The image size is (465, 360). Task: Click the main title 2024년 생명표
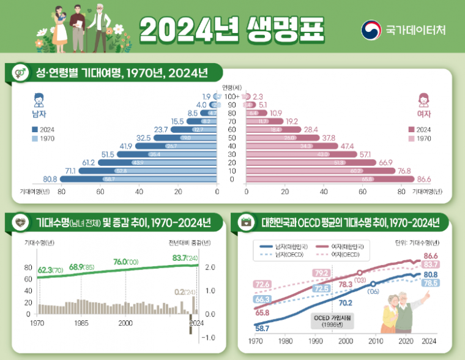[x=232, y=28]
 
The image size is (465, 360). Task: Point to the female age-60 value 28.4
[x=311, y=129]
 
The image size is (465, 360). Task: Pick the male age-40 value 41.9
[x=126, y=146]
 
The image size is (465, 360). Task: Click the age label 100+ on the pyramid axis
[x=232, y=96]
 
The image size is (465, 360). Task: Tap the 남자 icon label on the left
[x=39, y=114]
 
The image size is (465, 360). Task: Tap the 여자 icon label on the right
[x=423, y=114]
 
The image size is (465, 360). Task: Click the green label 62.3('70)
[x=51, y=269]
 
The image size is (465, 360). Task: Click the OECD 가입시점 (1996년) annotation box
[x=333, y=321]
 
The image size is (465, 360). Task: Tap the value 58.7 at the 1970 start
[x=263, y=329]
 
